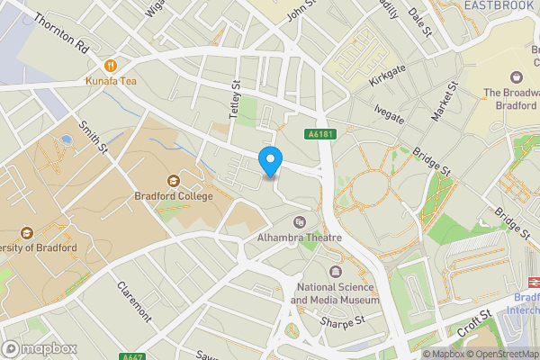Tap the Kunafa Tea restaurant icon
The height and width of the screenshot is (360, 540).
click(111, 65)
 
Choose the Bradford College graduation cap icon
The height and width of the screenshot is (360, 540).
click(174, 180)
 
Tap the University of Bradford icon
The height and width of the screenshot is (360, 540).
click(24, 232)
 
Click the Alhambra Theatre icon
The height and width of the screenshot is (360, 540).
click(300, 221)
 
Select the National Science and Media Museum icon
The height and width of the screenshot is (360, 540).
click(337, 272)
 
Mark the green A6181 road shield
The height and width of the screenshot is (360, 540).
click(320, 134)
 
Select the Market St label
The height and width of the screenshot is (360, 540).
click(445, 100)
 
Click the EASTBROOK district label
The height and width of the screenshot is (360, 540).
click(500, 6)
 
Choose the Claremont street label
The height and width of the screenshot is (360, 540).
click(132, 302)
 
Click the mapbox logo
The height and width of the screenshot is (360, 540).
click(40, 348)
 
